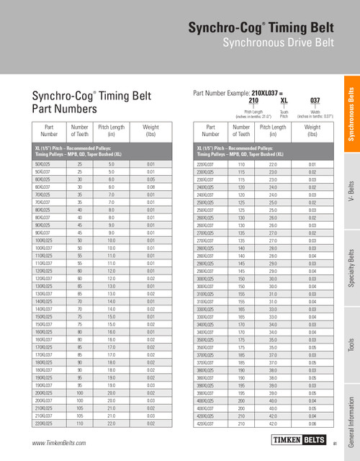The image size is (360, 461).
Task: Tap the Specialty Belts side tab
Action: [351, 270]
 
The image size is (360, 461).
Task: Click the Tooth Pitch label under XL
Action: [284, 115]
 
